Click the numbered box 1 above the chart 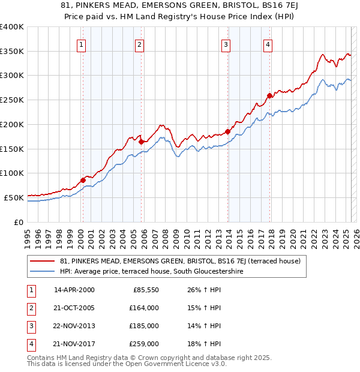pos(81,44)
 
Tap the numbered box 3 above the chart pos(226,44)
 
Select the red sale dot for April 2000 pos(83,180)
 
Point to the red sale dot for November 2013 pos(228,132)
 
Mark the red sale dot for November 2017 pos(270,95)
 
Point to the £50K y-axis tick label pos(14,197)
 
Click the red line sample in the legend pos(42,261)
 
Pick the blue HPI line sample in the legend pos(42,272)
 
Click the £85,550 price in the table pos(146,290)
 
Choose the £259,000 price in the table pos(144,344)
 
